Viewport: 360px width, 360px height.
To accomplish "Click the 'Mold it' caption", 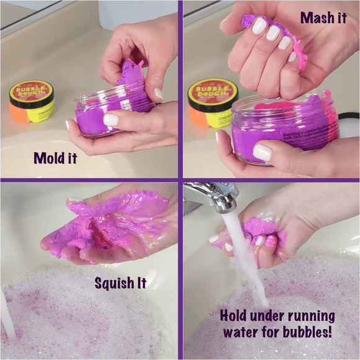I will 55,158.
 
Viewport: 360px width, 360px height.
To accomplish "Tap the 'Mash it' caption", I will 324,17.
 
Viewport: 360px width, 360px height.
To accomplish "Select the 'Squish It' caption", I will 120,284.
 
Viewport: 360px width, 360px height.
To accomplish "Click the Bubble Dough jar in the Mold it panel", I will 31,102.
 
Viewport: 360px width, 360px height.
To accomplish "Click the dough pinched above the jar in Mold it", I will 132,74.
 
